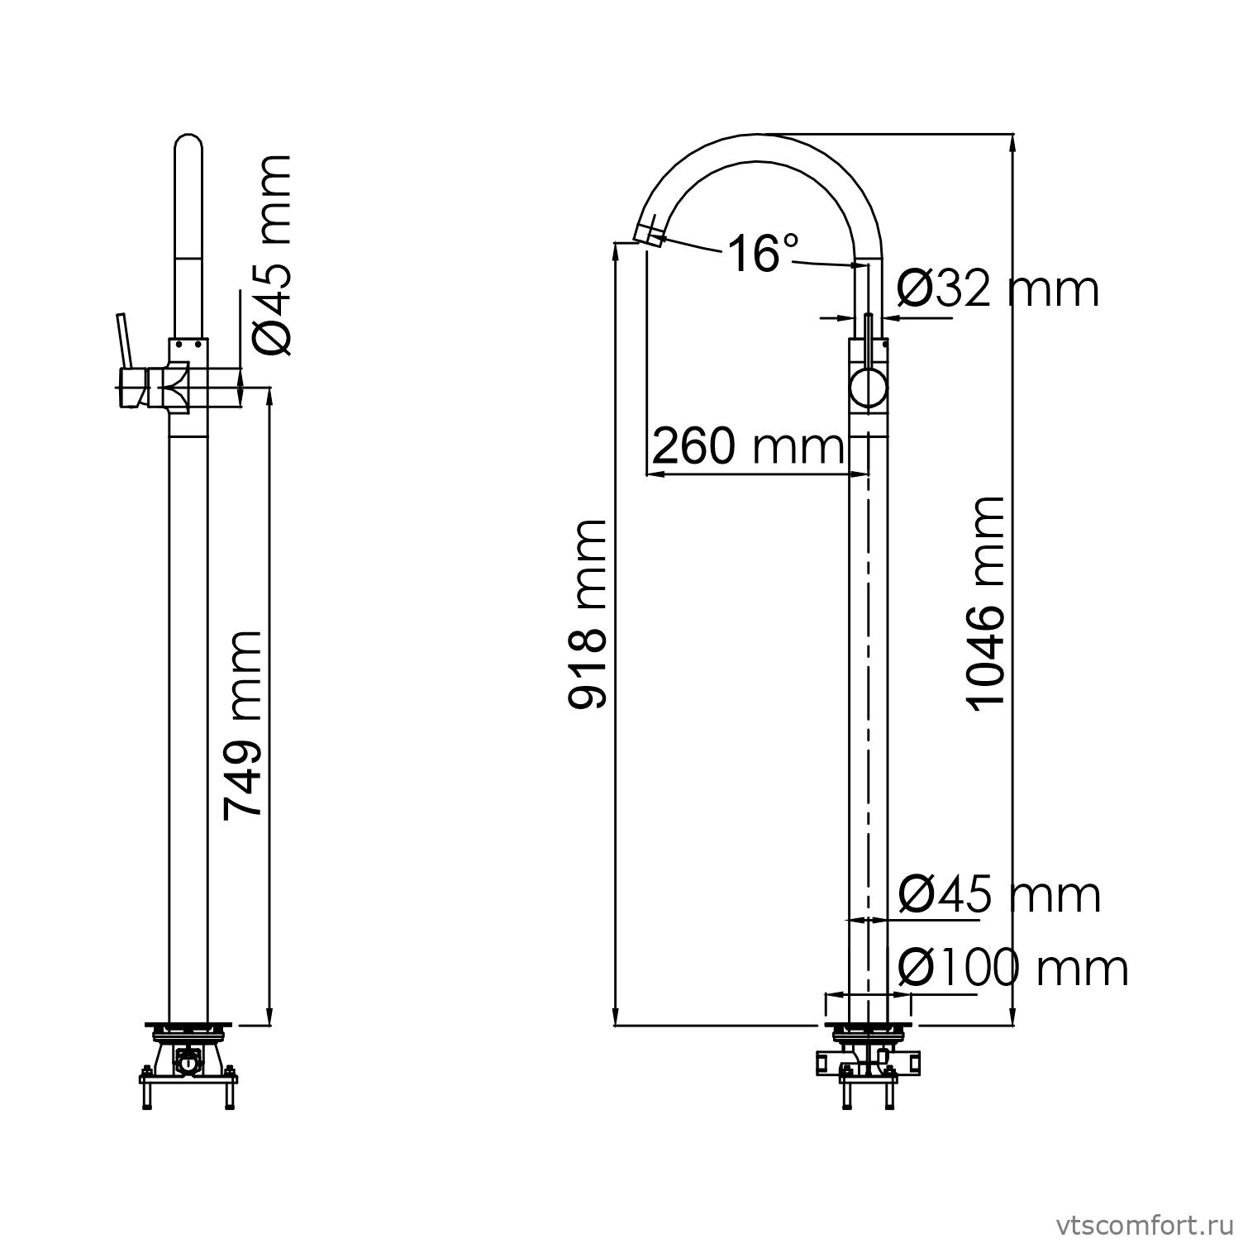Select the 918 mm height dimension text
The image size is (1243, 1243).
pos(588,614)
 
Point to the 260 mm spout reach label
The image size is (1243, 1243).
pos(749,447)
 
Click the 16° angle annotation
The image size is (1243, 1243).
pos(763,252)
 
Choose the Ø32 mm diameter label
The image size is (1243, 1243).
pos(998,289)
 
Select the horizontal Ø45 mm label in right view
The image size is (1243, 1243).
pos(999,894)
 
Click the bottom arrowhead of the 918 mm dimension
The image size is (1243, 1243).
pos(615,1017)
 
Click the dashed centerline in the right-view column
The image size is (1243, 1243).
pos(868,661)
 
